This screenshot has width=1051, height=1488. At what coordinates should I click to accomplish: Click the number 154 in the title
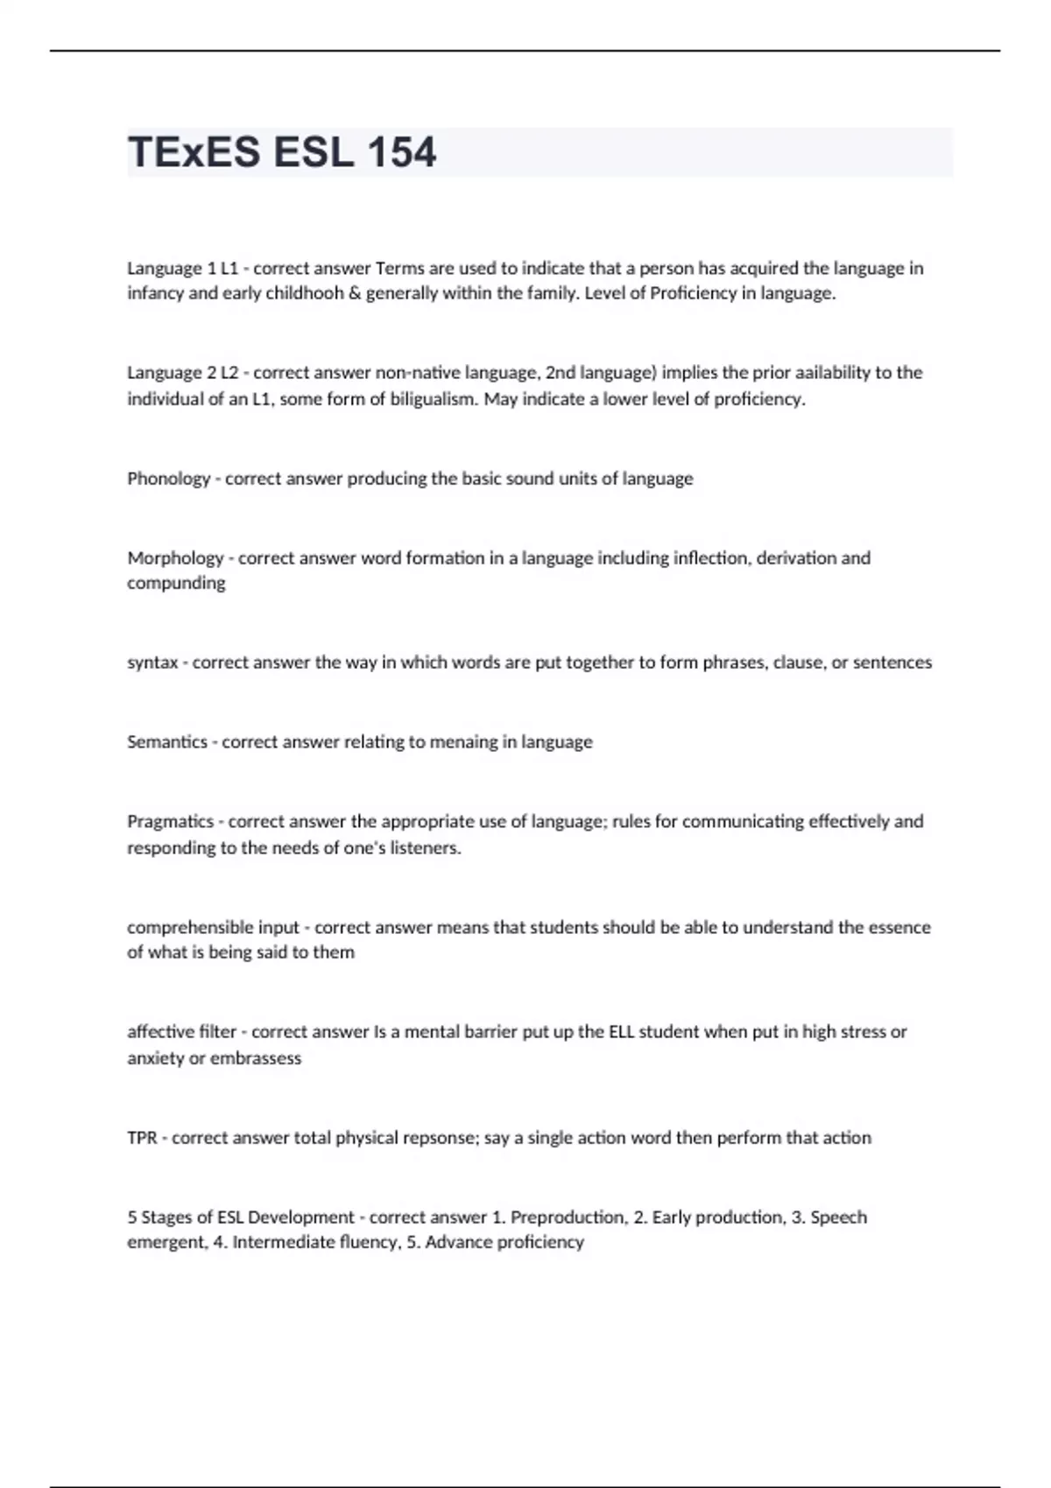tap(401, 152)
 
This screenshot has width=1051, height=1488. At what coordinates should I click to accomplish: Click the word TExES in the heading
tap(194, 152)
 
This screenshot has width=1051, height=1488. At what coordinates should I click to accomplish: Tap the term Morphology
tap(175, 558)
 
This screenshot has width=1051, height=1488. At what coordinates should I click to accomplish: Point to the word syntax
tap(152, 663)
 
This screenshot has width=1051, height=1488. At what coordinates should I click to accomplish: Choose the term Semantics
tap(167, 742)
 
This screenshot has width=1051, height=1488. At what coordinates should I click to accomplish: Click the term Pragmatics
tap(170, 822)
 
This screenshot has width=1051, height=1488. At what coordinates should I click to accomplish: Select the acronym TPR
tap(142, 1138)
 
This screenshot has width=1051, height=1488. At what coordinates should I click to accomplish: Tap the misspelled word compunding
tap(176, 583)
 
